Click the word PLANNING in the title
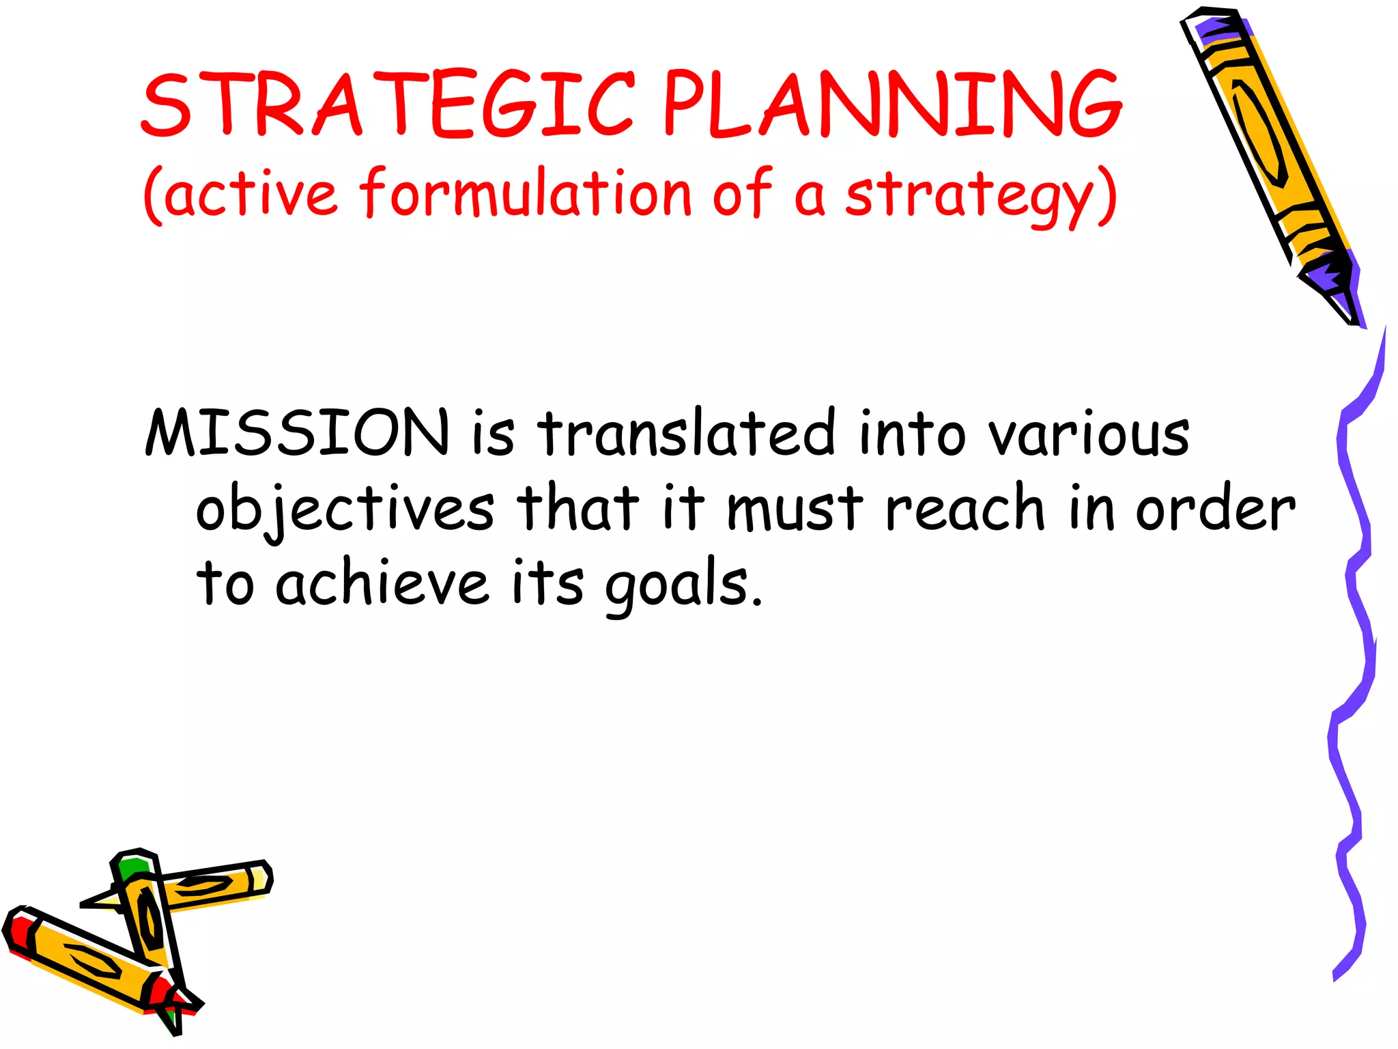891,104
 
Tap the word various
1088,434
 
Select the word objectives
345,509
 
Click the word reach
965,508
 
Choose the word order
1214,508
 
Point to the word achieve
382,583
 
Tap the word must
795,509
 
